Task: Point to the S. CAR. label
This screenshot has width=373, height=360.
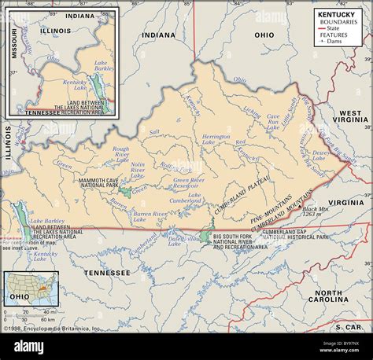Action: coord(346,325)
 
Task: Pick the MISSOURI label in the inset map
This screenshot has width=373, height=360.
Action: coord(12,52)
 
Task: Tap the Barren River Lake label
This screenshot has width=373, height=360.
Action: coord(149,213)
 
